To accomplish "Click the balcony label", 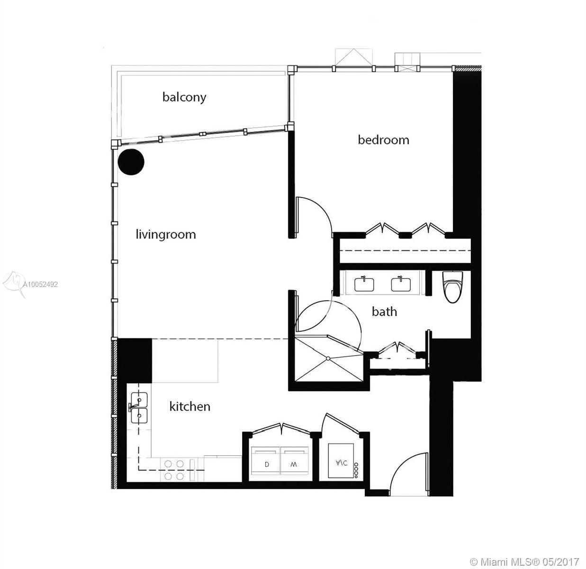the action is pyautogui.click(x=184, y=98).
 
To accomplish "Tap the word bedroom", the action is pyautogui.click(x=383, y=140).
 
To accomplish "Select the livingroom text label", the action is pyautogui.click(x=166, y=234).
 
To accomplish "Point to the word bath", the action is pyautogui.click(x=384, y=312).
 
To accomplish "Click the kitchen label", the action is pyautogui.click(x=189, y=406).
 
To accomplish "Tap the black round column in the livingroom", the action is pyautogui.click(x=131, y=162).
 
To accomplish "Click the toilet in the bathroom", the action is pyautogui.click(x=452, y=286).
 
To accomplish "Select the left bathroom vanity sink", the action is pyautogui.click(x=364, y=284).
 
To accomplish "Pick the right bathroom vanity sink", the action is pyautogui.click(x=401, y=284).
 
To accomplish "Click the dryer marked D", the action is pyautogui.click(x=265, y=460).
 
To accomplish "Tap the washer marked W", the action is pyautogui.click(x=294, y=460).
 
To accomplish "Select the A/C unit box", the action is pyautogui.click(x=341, y=460).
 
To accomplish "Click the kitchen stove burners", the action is pyautogui.click(x=174, y=470).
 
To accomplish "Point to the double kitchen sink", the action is pyautogui.click(x=139, y=407).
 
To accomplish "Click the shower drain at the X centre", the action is pyautogui.click(x=328, y=358).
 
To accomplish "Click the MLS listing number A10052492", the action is pyautogui.click(x=40, y=284).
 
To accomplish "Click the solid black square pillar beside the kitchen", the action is pyautogui.click(x=135, y=361).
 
